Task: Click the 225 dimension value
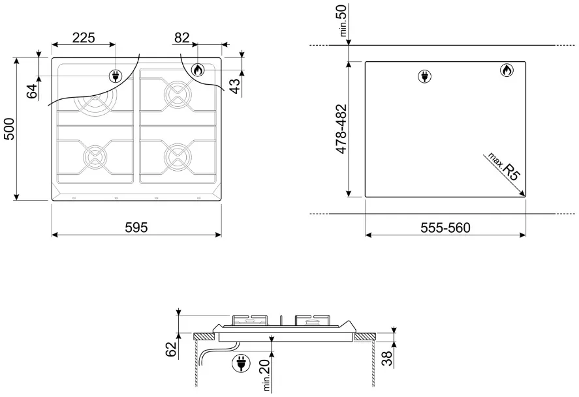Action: point(84,38)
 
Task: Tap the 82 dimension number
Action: point(181,38)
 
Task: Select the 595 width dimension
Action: point(136,228)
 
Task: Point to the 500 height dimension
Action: point(9,128)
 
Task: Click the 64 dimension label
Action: point(32,91)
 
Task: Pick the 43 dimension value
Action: point(234,86)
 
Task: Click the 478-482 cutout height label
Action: point(341,129)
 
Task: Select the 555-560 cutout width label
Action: point(445,228)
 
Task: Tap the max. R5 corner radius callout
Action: point(503,167)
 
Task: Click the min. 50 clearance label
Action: point(343,20)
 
